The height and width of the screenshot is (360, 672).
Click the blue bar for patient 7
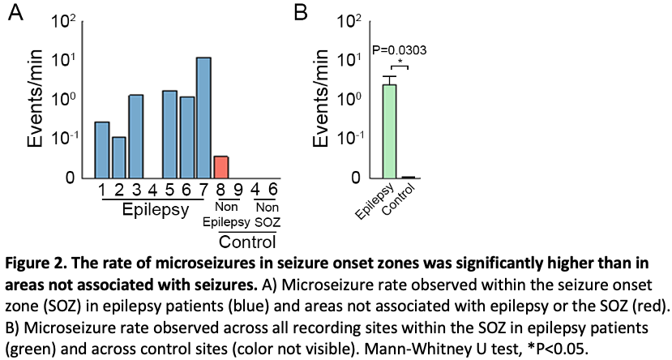[x=203, y=118]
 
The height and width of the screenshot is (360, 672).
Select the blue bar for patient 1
[x=102, y=150]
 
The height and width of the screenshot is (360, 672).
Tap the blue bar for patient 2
[x=119, y=157]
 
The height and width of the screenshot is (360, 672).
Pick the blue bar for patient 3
[x=136, y=136]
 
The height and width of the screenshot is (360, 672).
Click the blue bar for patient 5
[x=169, y=134]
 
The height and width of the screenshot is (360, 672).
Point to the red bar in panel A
[x=220, y=167]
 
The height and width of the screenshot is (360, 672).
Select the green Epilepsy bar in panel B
[x=389, y=131]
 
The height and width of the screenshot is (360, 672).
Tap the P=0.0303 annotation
[x=399, y=50]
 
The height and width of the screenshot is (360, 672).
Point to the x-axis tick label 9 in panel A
[x=238, y=191]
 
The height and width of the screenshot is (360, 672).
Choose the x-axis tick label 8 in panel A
[x=220, y=191]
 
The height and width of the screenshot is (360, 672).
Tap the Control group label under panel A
[x=247, y=241]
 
